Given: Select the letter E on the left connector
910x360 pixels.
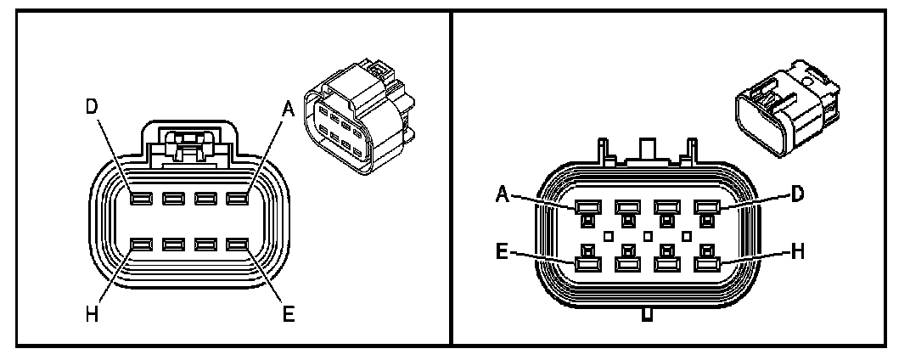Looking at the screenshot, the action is coord(289,315).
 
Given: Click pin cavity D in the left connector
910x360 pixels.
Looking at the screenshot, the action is coord(141,200).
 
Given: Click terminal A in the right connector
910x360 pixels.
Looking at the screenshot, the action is coord(587,206).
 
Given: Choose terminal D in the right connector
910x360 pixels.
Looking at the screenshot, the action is coord(706,206).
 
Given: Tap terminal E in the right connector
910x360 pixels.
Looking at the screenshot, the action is coord(587,263).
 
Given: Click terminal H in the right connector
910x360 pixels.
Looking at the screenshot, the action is coord(706,263).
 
